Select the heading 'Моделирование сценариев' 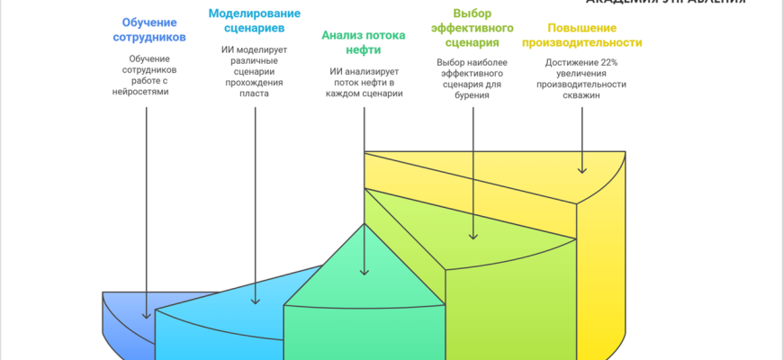pos(255,21)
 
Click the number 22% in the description pos(610,62)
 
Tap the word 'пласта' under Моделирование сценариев pos(255,93)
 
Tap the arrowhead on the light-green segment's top pos(472,237)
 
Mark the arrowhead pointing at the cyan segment pos(256,301)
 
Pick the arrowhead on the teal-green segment pos(364,272)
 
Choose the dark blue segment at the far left pos(126,319)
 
